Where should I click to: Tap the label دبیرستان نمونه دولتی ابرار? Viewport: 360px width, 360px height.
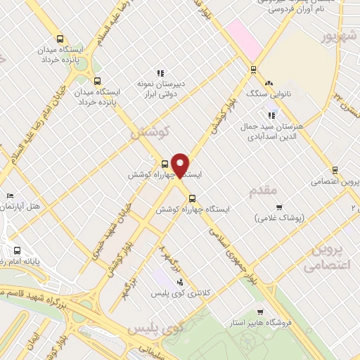point(161,88)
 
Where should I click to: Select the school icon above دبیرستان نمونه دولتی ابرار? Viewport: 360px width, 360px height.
point(161,72)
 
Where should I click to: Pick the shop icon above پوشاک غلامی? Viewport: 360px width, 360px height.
point(279,207)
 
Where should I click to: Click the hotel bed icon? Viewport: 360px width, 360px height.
point(9,195)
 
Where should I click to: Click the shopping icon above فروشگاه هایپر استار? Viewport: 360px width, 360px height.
point(262,312)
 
